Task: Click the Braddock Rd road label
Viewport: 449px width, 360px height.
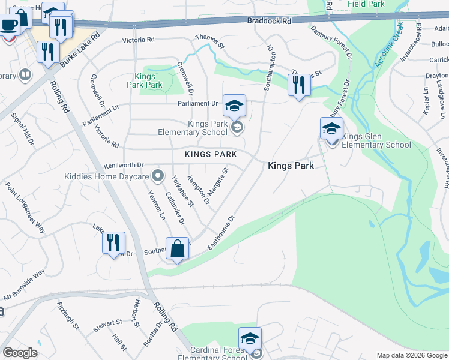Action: pos(268,20)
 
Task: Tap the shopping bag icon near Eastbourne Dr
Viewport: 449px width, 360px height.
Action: pos(178,248)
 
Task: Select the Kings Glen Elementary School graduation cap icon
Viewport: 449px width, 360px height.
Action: pos(331,128)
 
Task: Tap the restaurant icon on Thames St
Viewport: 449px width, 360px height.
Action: pos(298,85)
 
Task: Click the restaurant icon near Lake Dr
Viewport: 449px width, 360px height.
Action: pos(113,243)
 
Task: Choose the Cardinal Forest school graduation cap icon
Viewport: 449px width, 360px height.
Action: pos(250,338)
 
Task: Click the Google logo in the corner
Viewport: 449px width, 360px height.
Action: pos(20,353)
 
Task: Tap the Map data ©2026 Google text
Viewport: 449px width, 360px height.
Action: pos(411,355)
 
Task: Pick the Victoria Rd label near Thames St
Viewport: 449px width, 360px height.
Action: pos(139,40)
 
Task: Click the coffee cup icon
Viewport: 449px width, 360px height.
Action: pos(9,25)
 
